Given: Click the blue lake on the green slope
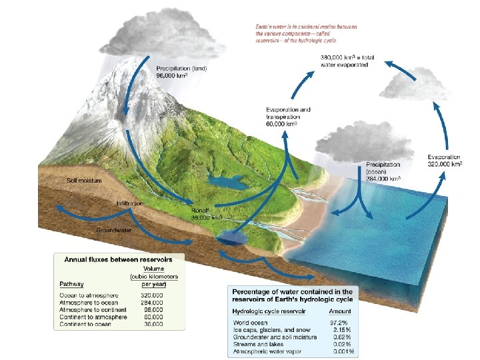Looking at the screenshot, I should [225, 181].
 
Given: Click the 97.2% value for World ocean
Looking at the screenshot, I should [342, 322].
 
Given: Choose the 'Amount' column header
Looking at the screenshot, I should [339, 311].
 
